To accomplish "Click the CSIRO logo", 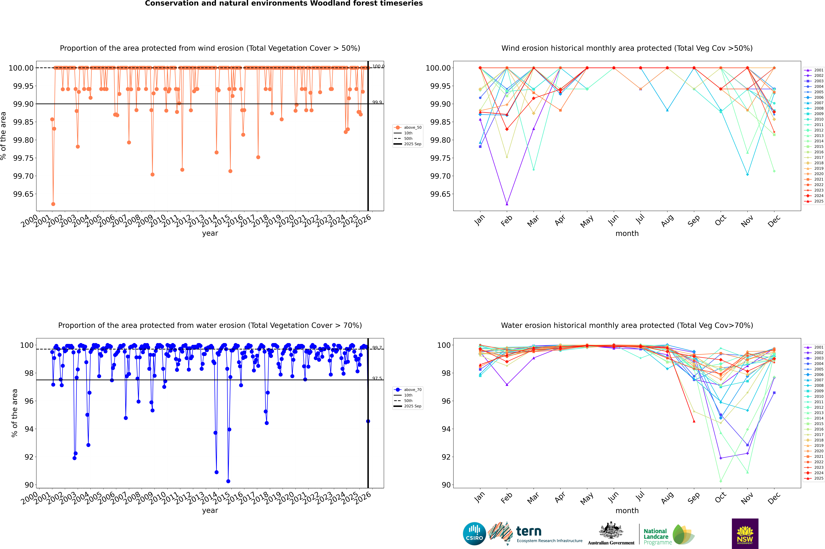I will coord(474,534).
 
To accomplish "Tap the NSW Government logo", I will coord(745,534).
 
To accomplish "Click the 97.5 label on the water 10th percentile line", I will coord(377,379).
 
